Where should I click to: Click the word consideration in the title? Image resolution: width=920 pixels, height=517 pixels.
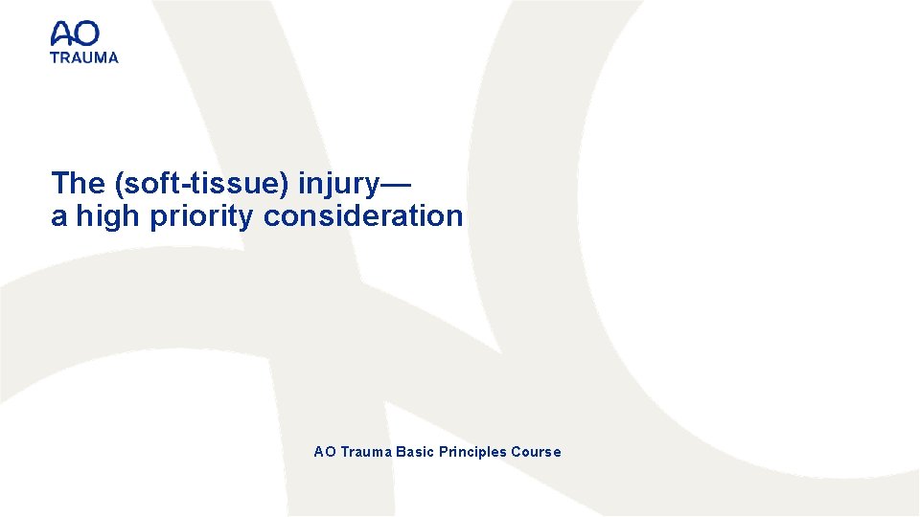pyautogui.click(x=363, y=216)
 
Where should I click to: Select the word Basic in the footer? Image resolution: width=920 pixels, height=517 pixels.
pyautogui.click(x=415, y=452)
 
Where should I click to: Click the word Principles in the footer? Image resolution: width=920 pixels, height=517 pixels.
pyautogui.click(x=472, y=452)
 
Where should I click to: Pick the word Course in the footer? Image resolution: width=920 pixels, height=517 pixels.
pyautogui.click(x=537, y=452)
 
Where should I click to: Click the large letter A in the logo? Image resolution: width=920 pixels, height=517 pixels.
pyautogui.click(x=62, y=35)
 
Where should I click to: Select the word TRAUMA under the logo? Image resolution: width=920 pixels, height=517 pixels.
pyautogui.click(x=84, y=56)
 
